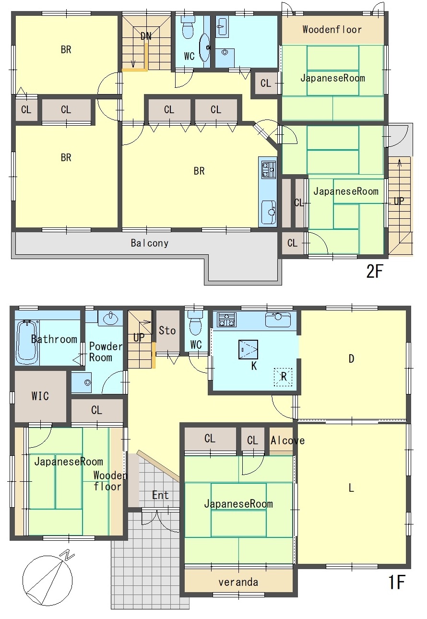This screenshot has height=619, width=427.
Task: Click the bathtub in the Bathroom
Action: (x=27, y=342)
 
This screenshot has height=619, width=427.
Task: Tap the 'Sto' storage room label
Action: (x=167, y=331)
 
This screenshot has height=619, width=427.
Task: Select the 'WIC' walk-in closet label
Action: (x=40, y=396)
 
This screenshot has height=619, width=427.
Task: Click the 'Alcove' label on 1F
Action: (x=287, y=440)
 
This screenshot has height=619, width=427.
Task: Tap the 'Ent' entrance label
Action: (x=160, y=495)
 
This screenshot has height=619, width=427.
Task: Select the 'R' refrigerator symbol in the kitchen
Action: (x=283, y=377)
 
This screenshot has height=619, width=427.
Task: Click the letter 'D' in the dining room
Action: (x=351, y=359)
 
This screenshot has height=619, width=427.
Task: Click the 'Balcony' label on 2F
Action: (x=150, y=243)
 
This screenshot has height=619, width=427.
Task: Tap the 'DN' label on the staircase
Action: (x=146, y=36)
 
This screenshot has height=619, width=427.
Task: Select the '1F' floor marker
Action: (x=397, y=582)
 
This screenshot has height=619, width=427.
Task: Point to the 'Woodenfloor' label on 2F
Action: (x=332, y=30)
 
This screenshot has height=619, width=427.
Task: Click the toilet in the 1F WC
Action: (x=196, y=322)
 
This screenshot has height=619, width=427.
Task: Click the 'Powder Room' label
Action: (x=105, y=352)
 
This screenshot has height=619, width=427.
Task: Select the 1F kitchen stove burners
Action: (x=227, y=319)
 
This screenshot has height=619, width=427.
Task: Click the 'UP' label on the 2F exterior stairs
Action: (x=399, y=201)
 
